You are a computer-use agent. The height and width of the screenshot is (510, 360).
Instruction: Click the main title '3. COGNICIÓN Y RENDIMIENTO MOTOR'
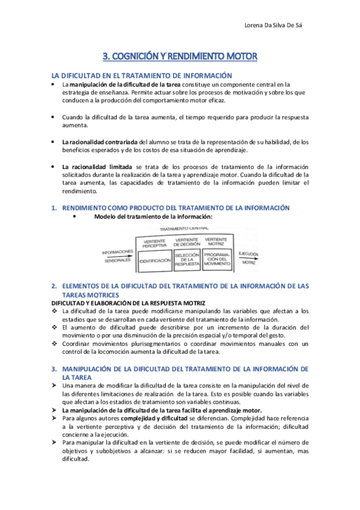[180, 57]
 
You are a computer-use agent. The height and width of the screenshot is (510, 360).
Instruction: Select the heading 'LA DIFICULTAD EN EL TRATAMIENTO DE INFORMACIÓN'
[142, 76]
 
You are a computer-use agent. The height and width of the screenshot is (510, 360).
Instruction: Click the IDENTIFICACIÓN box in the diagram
[154, 261]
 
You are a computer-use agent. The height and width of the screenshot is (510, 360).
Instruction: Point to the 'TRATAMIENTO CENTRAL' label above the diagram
[184, 229]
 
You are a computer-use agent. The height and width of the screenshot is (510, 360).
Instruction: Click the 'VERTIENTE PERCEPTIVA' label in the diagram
[154, 243]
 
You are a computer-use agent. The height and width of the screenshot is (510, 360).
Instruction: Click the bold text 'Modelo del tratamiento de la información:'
[154, 217]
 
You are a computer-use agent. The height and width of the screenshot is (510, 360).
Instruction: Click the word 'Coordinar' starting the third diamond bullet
[77, 344]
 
